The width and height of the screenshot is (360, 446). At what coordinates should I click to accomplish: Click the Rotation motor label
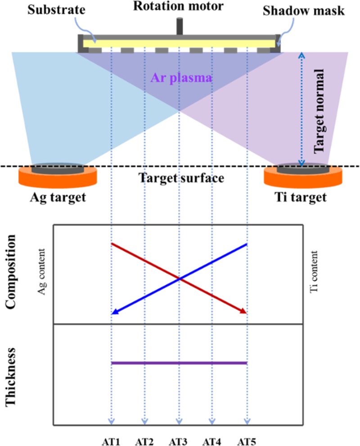(180, 8)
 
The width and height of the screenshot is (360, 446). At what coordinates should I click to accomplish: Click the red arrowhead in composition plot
(243, 311)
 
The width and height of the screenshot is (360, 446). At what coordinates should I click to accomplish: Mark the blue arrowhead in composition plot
(114, 311)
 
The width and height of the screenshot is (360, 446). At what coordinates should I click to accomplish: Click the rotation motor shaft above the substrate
(180, 26)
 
